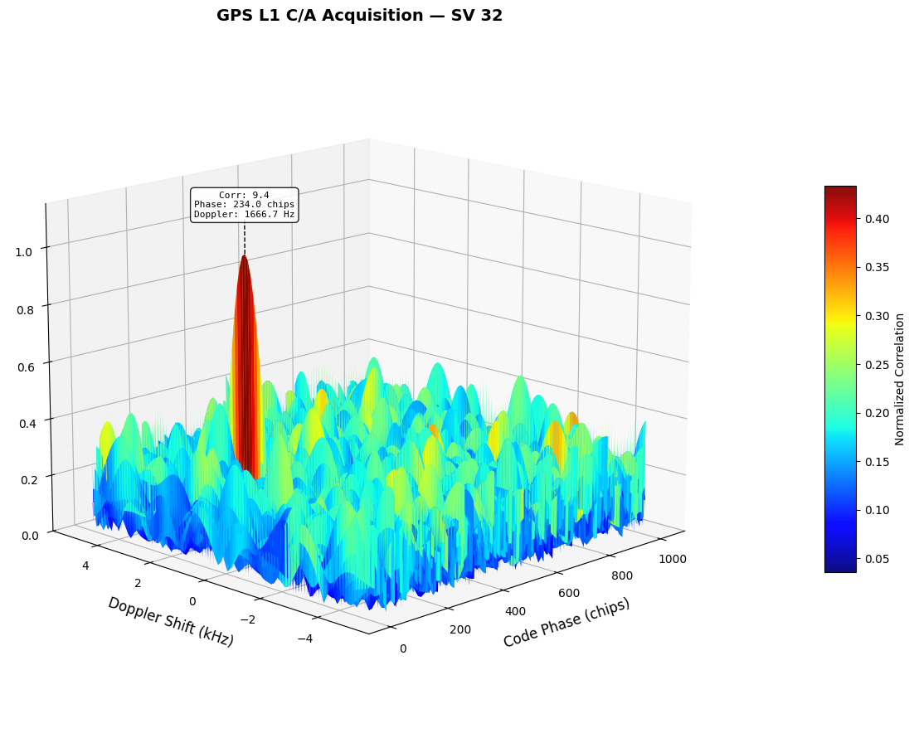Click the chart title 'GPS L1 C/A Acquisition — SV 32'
click(359, 16)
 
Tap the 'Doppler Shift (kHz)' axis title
click(171, 622)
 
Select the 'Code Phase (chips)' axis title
click(566, 623)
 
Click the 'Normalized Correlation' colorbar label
click(900, 379)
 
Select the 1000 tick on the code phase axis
click(673, 559)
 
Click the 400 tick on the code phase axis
click(515, 612)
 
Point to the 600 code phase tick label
click(569, 594)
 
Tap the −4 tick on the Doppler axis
click(304, 638)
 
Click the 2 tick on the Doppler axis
click(139, 583)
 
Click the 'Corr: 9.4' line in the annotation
click(244, 196)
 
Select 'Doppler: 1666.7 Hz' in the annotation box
click(244, 215)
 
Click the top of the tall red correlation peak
click(244, 258)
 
